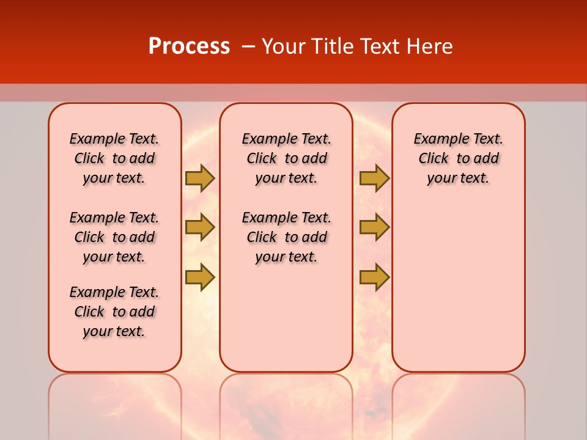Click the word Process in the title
189,46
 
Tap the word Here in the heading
430,46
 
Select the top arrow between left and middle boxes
199,178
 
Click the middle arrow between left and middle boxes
199,227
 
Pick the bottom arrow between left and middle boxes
199,277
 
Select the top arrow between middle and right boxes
374,178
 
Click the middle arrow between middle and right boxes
374,227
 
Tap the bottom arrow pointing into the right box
374,277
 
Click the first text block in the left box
114,158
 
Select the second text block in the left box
114,237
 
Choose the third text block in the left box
114,312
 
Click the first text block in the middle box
286,158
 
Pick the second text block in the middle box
286,237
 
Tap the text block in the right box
458,158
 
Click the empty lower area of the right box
458,287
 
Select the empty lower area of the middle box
286,318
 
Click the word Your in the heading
283,46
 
